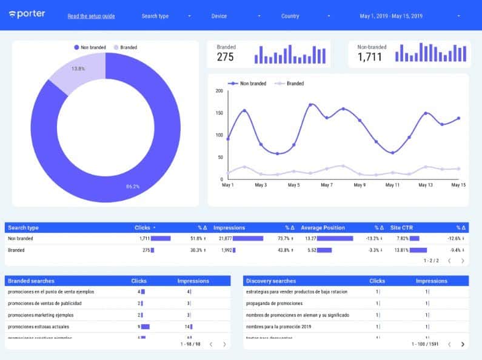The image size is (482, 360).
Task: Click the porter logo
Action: pos(27,14)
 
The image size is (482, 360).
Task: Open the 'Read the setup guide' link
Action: pos(91,16)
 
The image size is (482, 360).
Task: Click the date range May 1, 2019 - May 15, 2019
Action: pos(391,16)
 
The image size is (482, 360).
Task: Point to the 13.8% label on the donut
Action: pos(78,69)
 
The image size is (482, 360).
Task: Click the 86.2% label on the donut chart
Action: pos(133,187)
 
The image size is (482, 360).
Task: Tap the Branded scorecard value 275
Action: pos(226,58)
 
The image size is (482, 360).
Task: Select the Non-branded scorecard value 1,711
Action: pos(370,58)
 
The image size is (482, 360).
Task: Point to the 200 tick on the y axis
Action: pos(219,91)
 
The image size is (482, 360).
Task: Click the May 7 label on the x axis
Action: pos(326,185)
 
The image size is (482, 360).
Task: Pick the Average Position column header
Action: pos(323,228)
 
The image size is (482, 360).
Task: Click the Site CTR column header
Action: pos(403,228)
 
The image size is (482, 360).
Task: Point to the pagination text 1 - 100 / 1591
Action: pos(425,344)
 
